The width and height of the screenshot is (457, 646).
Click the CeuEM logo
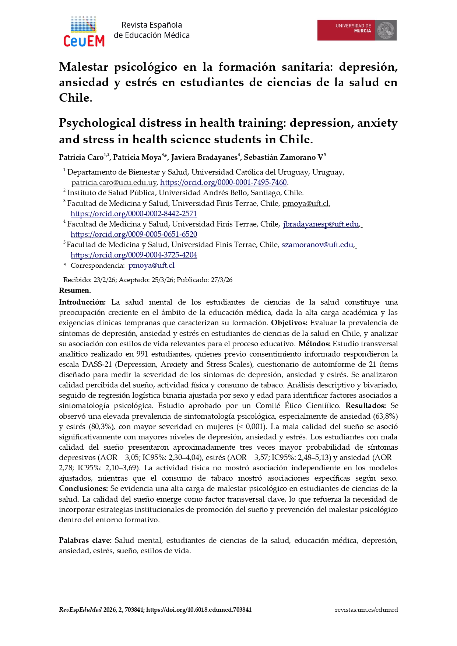(x=84, y=31)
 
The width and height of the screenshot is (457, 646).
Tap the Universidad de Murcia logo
(x=356, y=30)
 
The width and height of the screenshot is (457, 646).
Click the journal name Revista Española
(x=152, y=25)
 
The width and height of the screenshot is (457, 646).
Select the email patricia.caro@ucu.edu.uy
(x=114, y=183)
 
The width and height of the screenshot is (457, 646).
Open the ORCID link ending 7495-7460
(x=223, y=183)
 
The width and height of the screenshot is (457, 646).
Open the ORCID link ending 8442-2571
(x=134, y=214)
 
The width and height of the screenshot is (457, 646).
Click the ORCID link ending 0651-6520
(x=134, y=235)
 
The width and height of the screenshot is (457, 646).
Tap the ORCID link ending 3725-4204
(x=134, y=255)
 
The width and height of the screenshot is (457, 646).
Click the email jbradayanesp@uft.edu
(x=321, y=224)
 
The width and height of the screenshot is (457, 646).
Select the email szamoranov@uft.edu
(x=317, y=245)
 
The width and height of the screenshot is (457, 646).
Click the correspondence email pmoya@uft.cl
(x=151, y=266)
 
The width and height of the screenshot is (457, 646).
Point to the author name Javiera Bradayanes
(x=204, y=158)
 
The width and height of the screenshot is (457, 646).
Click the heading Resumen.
(x=75, y=291)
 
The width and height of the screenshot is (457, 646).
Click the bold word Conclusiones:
(x=83, y=489)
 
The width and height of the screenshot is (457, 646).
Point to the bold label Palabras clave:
(x=85, y=541)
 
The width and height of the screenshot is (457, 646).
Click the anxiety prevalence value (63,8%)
(x=385, y=417)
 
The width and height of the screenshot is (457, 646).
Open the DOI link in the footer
(x=199, y=610)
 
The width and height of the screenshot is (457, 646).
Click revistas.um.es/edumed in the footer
(x=366, y=610)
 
